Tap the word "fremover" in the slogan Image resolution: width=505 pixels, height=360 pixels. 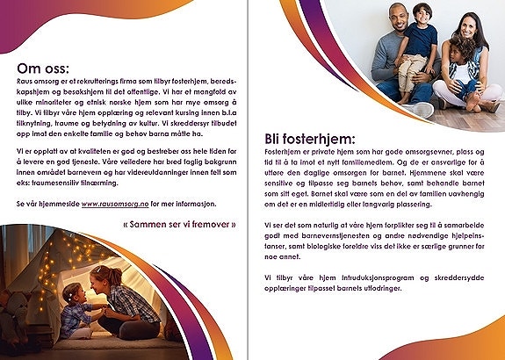point(204,225)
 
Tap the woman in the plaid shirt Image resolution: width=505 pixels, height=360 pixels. point(127,303)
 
